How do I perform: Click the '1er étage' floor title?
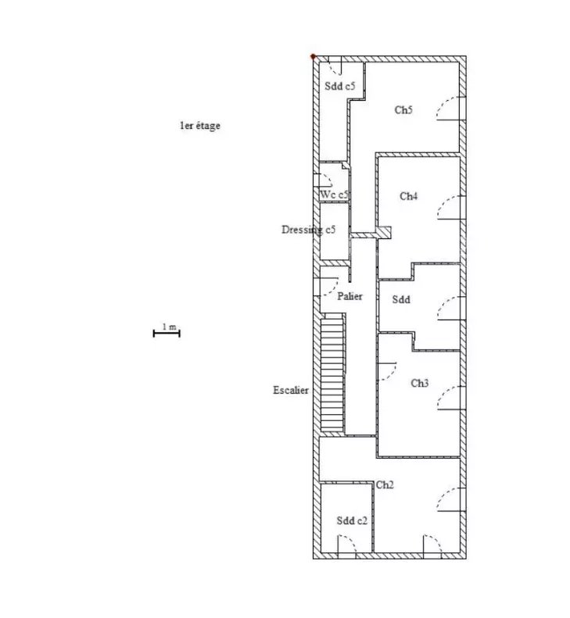click(200, 126)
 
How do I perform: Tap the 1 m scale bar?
click(167, 334)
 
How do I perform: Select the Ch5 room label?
click(403, 109)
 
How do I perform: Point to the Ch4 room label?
click(409, 196)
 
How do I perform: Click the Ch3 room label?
click(420, 383)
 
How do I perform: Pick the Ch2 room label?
click(385, 484)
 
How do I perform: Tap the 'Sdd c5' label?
click(340, 86)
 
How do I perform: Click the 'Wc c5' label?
click(334, 195)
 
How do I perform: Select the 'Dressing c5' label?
click(309, 230)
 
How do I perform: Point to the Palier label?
click(350, 296)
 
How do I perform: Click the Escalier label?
click(291, 390)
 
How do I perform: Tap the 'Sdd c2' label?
click(352, 520)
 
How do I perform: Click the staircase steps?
click(332, 375)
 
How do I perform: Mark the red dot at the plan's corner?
click(314, 57)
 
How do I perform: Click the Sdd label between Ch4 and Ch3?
click(401, 299)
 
